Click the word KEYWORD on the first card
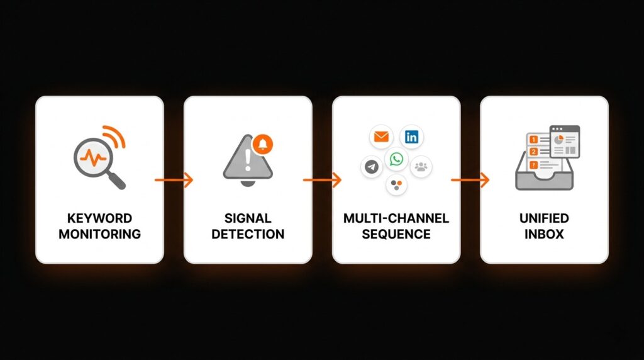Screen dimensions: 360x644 99,219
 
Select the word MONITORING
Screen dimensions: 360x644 99,234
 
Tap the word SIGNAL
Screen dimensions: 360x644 248,219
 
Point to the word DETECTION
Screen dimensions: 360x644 248,234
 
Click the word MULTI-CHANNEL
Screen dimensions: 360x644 396,219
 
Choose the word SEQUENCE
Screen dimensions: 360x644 396,234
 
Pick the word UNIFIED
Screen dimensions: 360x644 544,219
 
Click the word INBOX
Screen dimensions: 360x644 544,234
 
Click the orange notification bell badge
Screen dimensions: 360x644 262,144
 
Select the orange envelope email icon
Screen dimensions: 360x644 381,136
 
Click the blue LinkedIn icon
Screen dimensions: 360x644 412,136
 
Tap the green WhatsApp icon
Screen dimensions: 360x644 396,159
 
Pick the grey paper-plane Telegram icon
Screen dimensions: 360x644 372,167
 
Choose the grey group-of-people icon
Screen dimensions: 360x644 421,167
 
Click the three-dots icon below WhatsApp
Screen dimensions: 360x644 396,184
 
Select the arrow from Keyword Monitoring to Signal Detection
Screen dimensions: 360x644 174,180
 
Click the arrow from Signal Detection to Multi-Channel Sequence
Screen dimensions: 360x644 322,180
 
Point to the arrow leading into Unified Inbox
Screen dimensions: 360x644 470,180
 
